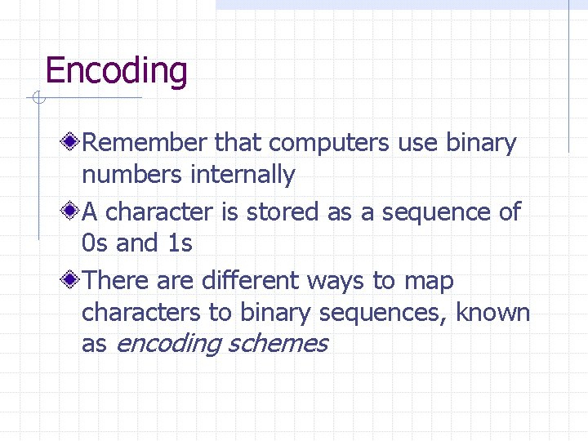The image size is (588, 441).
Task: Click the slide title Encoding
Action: [116, 71]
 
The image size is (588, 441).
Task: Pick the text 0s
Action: [96, 243]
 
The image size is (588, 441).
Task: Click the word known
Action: [492, 312]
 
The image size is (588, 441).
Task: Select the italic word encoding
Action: [167, 345]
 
